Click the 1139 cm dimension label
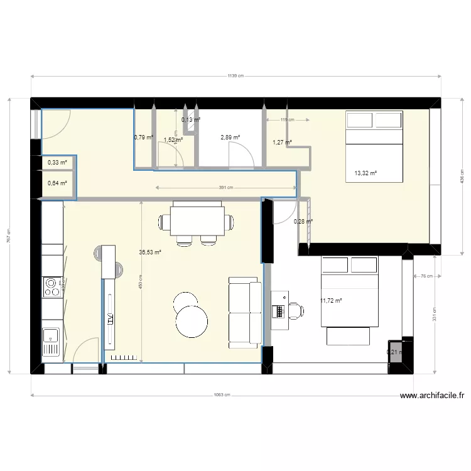[235, 77]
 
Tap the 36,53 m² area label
[150, 252]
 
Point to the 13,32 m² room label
[365, 173]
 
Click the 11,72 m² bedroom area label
[331, 301]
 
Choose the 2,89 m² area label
[230, 137]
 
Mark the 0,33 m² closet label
[57, 163]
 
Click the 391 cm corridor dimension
[226, 187]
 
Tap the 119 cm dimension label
[286, 119]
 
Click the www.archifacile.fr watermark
[433, 396]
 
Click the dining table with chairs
[197, 222]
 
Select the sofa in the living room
[245, 312]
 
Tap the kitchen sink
[50, 342]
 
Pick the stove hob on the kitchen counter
[50, 288]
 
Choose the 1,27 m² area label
[281, 143]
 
